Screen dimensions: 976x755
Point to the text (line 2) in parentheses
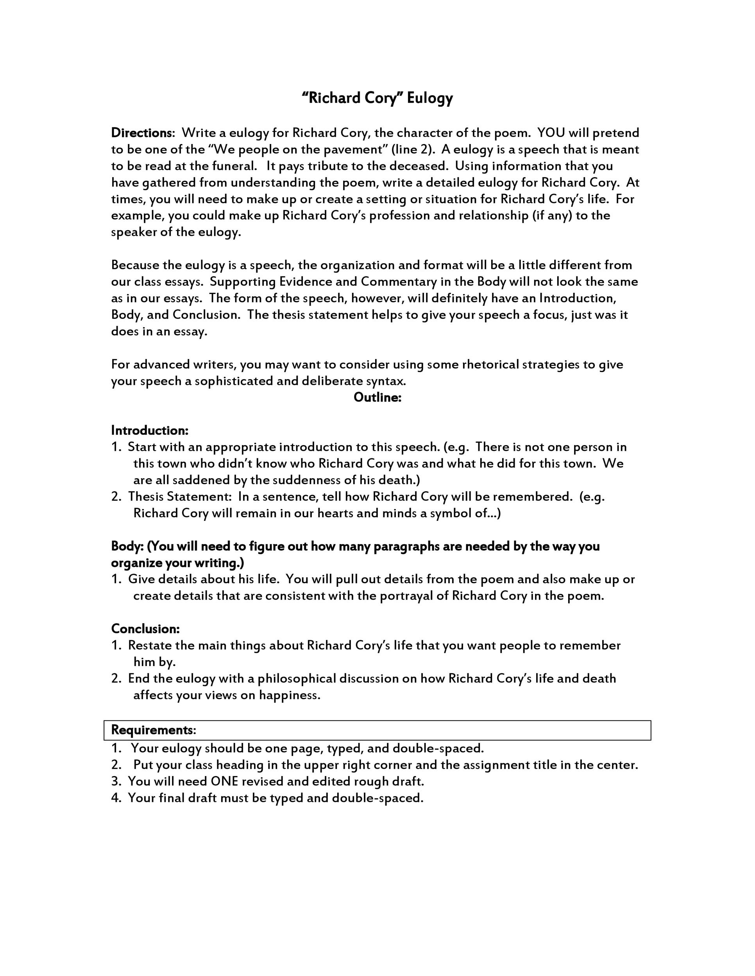pyautogui.click(x=413, y=149)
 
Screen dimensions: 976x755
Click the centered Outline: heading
pyautogui.click(x=377, y=397)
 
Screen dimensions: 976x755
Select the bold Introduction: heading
pyautogui.click(x=150, y=430)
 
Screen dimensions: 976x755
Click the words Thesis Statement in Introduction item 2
pyautogui.click(x=180, y=497)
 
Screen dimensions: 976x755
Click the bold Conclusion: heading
pyautogui.click(x=145, y=629)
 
